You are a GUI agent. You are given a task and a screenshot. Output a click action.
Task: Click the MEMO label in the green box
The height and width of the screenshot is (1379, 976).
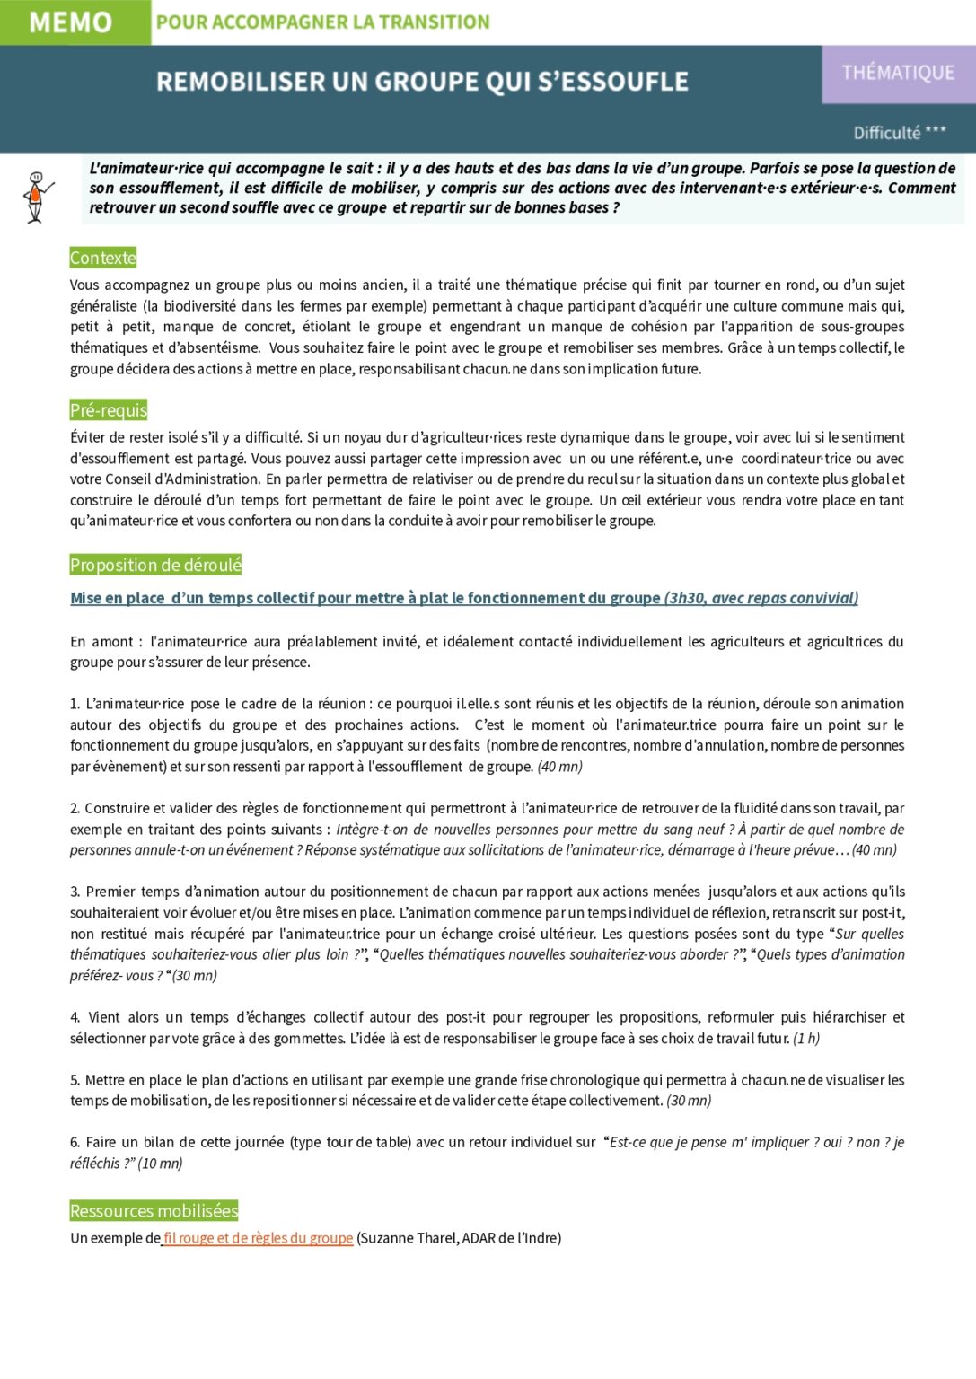(x=71, y=22)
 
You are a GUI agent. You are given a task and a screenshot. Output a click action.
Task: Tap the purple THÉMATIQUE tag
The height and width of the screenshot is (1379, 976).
(x=898, y=73)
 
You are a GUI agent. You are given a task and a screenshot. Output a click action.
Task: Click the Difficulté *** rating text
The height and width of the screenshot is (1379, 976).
(x=900, y=133)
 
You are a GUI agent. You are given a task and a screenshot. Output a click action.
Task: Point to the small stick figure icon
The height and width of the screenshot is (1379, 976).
(x=36, y=197)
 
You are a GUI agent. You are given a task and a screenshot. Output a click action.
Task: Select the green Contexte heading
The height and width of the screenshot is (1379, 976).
(x=103, y=258)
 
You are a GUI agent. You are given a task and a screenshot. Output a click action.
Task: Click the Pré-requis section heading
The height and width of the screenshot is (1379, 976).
(x=109, y=410)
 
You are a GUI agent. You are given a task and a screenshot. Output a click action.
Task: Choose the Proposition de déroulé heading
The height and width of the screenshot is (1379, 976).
(x=156, y=565)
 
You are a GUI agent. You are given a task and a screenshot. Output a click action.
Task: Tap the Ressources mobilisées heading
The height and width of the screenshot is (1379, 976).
(x=154, y=1211)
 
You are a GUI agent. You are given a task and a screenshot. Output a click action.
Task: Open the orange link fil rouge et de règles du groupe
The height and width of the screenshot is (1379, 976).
(x=259, y=1238)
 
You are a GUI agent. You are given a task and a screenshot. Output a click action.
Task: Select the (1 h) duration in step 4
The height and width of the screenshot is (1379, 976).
(x=806, y=1039)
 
